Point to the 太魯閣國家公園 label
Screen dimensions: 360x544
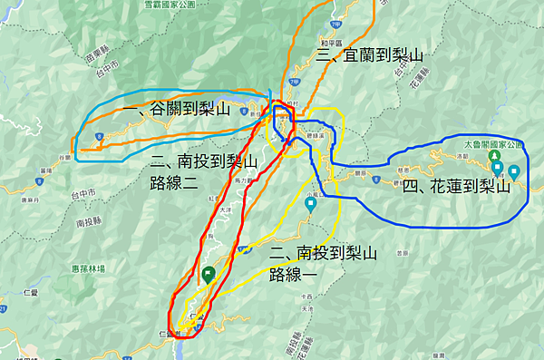495,145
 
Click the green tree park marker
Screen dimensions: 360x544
497,167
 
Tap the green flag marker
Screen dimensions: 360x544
209,273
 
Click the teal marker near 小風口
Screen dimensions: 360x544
311,204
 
